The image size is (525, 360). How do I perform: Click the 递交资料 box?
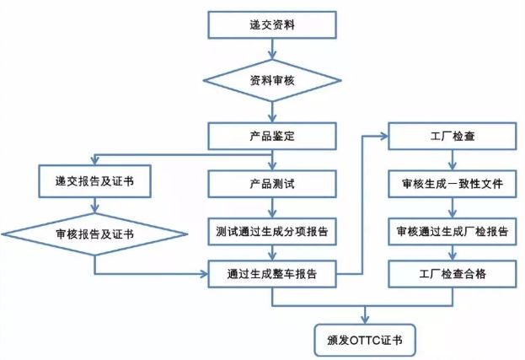tap(272, 24)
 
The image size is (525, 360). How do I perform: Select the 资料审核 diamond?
tap(272, 83)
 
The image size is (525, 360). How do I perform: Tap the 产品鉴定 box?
tap(272, 136)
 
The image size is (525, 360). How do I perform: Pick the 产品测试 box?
tap(272, 182)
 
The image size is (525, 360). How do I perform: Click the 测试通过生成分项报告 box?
tap(272, 228)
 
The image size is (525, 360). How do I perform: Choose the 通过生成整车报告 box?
tap(272, 273)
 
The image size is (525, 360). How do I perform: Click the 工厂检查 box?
tap(451, 136)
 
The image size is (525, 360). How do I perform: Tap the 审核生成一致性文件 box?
tap(451, 182)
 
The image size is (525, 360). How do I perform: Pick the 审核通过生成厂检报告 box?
tap(451, 228)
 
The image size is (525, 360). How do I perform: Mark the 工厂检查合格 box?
tap(451, 273)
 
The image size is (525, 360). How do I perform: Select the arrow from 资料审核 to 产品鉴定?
tap(272, 113)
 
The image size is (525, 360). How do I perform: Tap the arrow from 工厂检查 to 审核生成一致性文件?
tap(451, 159)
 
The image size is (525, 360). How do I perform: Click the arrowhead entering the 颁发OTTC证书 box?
tap(364, 318)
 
